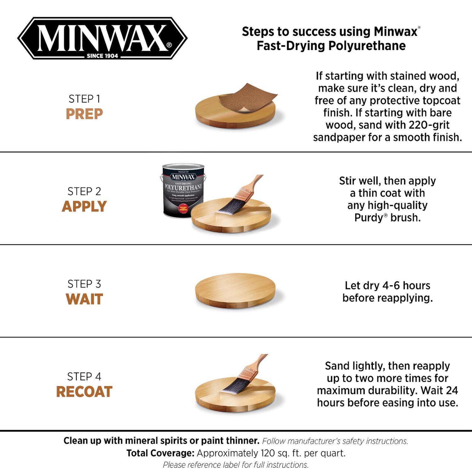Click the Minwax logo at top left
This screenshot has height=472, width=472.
click(x=102, y=38)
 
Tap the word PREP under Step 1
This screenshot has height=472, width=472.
click(x=84, y=114)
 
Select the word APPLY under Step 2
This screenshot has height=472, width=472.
click(x=84, y=206)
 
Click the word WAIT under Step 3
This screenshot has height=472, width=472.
click(x=84, y=299)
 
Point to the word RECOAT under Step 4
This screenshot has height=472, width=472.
click(x=84, y=392)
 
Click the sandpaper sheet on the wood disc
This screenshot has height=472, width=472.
click(x=247, y=98)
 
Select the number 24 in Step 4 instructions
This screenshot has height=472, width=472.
click(x=452, y=390)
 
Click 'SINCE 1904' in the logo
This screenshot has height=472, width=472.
click(x=102, y=56)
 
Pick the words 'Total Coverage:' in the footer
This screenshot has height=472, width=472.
click(x=160, y=453)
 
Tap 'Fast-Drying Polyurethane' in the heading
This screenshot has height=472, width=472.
click(x=331, y=46)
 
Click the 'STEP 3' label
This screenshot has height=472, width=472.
click(x=84, y=284)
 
